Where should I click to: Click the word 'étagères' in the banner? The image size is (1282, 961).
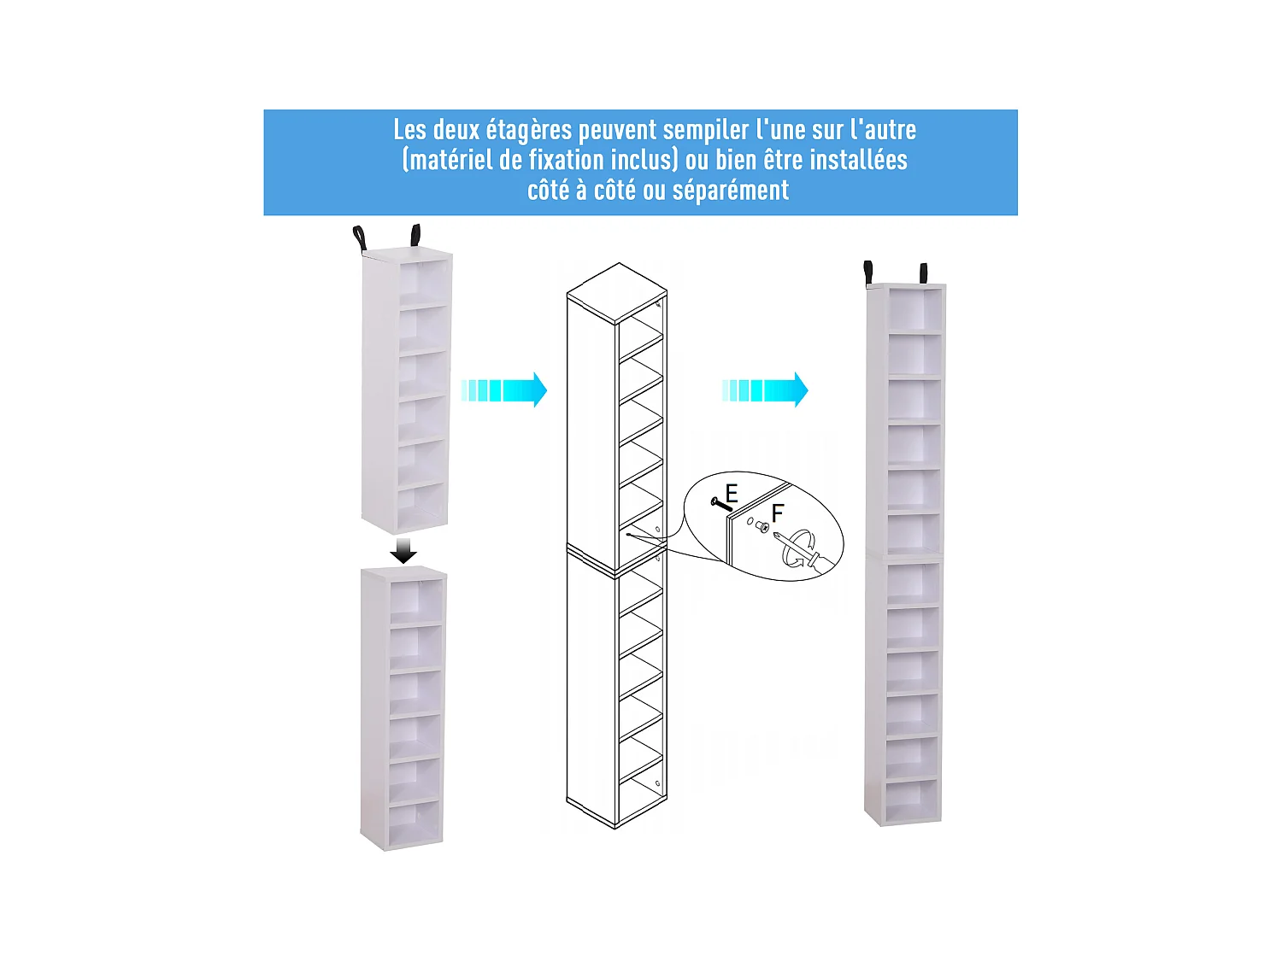click(x=530, y=130)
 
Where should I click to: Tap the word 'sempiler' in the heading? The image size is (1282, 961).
click(x=706, y=130)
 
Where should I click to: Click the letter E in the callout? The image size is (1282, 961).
click(x=732, y=493)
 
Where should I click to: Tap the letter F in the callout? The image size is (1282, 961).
click(x=777, y=513)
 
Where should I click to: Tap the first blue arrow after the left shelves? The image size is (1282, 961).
click(x=504, y=390)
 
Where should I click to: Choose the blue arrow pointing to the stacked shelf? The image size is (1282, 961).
click(x=765, y=390)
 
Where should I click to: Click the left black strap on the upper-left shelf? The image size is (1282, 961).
click(x=359, y=237)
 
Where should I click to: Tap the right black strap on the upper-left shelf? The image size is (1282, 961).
click(x=415, y=234)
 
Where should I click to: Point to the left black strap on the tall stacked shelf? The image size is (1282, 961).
click(x=868, y=272)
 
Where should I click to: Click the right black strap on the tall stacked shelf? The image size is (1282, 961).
click(x=923, y=273)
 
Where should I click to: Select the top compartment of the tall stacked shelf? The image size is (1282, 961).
click(x=914, y=309)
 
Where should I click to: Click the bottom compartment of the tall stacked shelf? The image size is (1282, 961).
click(x=911, y=800)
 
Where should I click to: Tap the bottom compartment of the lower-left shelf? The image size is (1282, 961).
click(x=415, y=823)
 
